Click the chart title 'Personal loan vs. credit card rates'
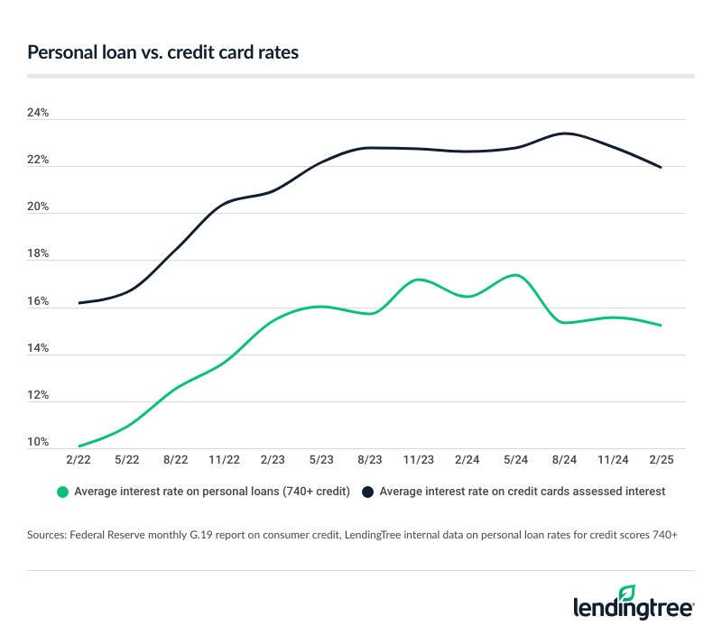point(162,53)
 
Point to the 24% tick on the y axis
point(38,115)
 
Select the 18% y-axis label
point(38,255)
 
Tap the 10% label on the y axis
point(38,442)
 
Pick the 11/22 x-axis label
point(225,460)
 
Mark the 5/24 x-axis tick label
point(515,460)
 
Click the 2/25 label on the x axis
point(662,460)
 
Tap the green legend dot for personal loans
point(62,492)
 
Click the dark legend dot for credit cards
point(369,492)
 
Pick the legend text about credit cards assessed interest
point(523,492)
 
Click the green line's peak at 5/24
point(515,275)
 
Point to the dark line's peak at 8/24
point(565,133)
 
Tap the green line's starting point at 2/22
point(79,446)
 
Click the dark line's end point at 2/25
point(662,168)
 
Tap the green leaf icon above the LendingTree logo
point(627,592)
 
